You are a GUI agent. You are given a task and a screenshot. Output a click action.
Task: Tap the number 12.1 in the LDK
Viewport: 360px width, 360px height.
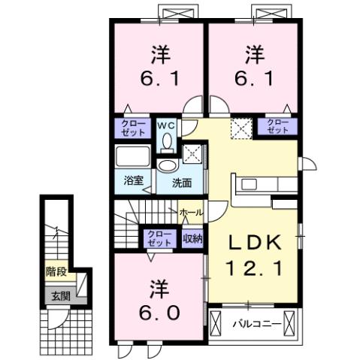pos(254,267)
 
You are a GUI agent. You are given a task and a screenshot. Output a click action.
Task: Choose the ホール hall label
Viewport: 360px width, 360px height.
pos(192,213)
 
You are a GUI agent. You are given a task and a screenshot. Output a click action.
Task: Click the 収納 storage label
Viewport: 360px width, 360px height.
pos(192,238)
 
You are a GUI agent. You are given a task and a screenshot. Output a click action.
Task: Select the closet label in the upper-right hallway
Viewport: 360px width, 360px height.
pos(277,126)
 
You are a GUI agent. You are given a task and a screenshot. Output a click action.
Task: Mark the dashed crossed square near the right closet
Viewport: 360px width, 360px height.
pos(241,128)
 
